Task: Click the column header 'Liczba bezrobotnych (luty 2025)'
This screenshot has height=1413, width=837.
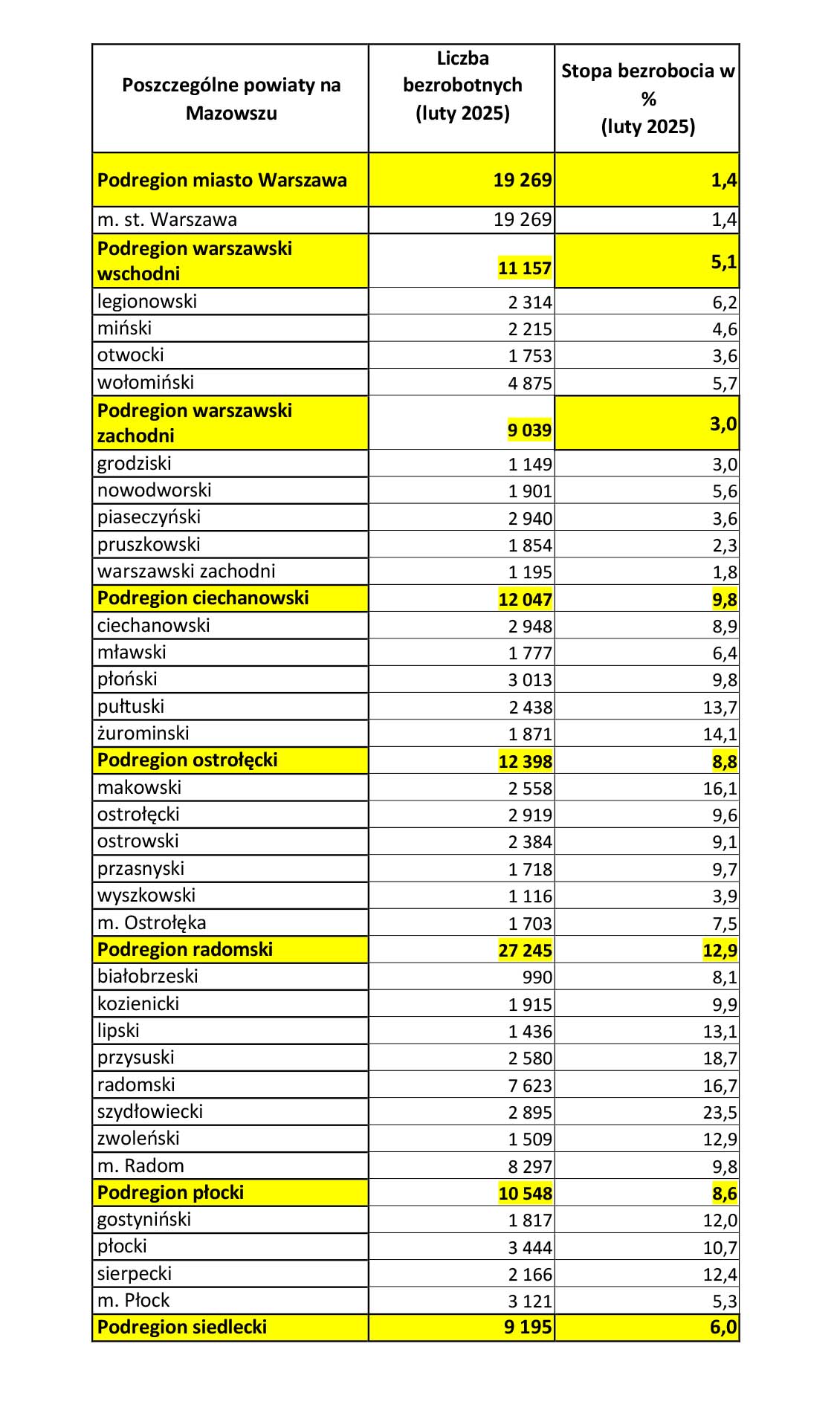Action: (462, 85)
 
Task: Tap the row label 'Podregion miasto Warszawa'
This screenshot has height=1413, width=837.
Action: (222, 181)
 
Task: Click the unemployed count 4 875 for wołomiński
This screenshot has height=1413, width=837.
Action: (530, 384)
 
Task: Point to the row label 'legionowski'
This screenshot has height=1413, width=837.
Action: (147, 302)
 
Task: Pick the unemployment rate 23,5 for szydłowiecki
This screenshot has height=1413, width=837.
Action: (720, 1113)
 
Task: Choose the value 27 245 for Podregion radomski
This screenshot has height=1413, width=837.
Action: (525, 951)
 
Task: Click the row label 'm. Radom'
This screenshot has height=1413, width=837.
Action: (140, 1166)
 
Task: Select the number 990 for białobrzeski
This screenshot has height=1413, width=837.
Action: (537, 977)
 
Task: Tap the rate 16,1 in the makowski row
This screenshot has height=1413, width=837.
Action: (720, 789)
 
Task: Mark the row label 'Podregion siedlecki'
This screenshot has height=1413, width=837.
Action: (182, 1328)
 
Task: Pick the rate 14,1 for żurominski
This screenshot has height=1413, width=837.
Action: (720, 734)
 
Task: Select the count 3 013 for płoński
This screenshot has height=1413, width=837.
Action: (530, 680)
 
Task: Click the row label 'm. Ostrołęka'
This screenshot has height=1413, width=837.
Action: (152, 923)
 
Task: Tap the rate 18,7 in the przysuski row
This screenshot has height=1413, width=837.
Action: (720, 1058)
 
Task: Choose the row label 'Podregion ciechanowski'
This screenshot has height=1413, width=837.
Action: (203, 598)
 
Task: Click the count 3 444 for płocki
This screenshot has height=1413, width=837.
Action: (530, 1248)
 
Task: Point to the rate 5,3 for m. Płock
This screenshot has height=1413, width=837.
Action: (725, 1302)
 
